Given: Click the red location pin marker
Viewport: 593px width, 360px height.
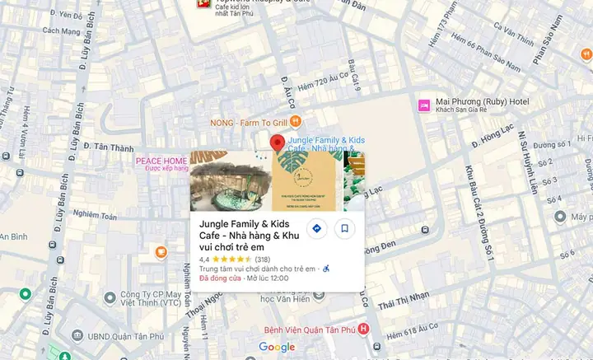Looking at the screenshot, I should pyautogui.click(x=278, y=144).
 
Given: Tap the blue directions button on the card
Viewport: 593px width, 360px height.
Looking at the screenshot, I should pyautogui.click(x=316, y=228).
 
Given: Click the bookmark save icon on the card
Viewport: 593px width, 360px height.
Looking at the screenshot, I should pyautogui.click(x=345, y=228).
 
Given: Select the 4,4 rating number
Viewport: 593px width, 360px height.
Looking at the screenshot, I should pyautogui.click(x=204, y=259).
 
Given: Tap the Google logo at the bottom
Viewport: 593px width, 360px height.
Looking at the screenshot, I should pyautogui.click(x=277, y=347).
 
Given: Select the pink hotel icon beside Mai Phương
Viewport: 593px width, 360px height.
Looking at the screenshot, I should pyautogui.click(x=423, y=105).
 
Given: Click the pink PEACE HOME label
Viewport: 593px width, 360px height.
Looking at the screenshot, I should pyautogui.click(x=161, y=161).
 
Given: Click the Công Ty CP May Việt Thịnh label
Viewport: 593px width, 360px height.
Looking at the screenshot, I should pyautogui.click(x=151, y=297).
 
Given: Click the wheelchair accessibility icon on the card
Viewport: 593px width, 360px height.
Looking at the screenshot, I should pyautogui.click(x=325, y=269).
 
